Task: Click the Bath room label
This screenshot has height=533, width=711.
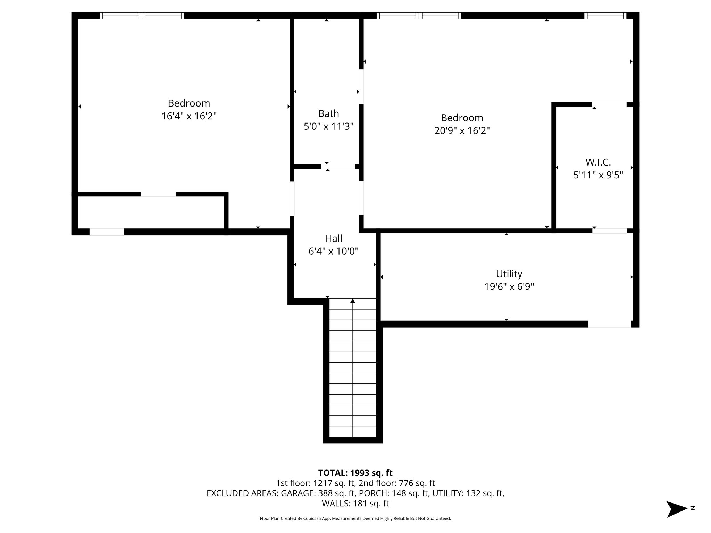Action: click(328, 113)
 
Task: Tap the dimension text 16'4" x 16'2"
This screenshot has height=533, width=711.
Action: click(189, 116)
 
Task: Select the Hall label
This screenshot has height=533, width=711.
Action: click(333, 238)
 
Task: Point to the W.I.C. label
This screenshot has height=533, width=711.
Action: click(598, 162)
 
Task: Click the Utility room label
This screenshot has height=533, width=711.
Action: click(509, 274)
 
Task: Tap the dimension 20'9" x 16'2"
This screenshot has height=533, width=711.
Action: click(462, 131)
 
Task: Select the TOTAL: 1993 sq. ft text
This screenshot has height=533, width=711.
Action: click(355, 473)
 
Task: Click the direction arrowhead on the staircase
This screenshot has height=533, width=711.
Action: click(353, 301)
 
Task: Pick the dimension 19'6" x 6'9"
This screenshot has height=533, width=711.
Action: click(509, 287)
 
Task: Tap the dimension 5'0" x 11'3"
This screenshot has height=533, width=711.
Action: click(328, 126)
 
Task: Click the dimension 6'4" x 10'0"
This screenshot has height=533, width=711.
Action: click(333, 251)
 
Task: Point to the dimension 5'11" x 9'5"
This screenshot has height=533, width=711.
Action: click(598, 175)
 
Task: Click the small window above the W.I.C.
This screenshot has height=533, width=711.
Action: click(605, 16)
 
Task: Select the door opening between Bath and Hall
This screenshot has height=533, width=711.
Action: click(338, 167)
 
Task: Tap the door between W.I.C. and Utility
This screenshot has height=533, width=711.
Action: click(609, 231)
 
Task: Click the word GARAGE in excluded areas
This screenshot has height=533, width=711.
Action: click(297, 493)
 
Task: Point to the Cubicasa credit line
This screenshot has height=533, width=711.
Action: click(355, 518)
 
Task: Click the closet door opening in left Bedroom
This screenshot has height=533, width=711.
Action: click(158, 194)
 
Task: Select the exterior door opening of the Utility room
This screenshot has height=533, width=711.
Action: click(609, 324)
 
